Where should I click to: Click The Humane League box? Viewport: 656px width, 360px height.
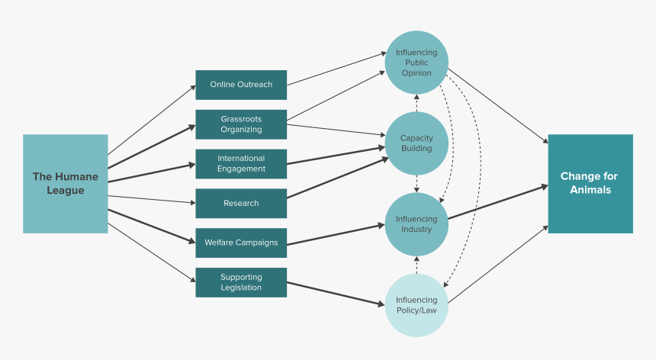[x=65, y=183]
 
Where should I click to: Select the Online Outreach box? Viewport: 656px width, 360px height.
[x=241, y=85]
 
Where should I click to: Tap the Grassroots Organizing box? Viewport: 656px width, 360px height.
[x=241, y=124]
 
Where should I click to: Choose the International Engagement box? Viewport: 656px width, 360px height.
[x=241, y=164]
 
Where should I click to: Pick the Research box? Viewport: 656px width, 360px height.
[x=241, y=204]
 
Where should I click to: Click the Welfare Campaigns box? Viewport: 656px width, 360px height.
[x=241, y=243]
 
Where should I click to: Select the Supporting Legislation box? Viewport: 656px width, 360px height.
[x=241, y=282]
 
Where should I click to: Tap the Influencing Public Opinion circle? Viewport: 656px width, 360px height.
[x=416, y=63]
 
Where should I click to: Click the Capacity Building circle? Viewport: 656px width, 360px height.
[x=416, y=143]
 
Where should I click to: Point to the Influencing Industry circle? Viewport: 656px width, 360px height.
[x=416, y=224]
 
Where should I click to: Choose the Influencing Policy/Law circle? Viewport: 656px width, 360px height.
[x=416, y=305]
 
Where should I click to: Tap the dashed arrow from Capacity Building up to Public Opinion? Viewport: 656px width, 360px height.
[x=416, y=103]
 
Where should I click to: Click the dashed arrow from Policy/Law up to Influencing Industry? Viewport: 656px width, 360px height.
[x=416, y=265]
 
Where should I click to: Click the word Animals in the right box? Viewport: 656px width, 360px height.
[x=590, y=190]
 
